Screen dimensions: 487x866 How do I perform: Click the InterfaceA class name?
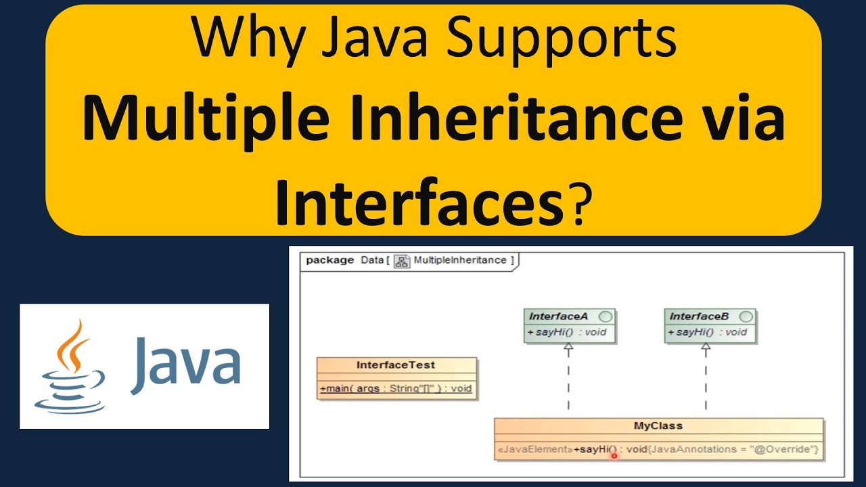pyautogui.click(x=558, y=317)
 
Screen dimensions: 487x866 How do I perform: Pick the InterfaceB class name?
pyautogui.click(x=699, y=317)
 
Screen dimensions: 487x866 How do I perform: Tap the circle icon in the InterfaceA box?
pyautogui.click(x=606, y=317)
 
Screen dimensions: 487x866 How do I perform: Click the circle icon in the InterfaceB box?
pyautogui.click(x=746, y=317)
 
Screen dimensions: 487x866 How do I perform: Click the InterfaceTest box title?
pyautogui.click(x=396, y=365)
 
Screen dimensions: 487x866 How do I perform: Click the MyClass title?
pyautogui.click(x=658, y=426)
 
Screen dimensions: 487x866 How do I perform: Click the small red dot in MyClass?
pyautogui.click(x=614, y=456)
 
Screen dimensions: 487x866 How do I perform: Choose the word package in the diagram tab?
pyautogui.click(x=329, y=260)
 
